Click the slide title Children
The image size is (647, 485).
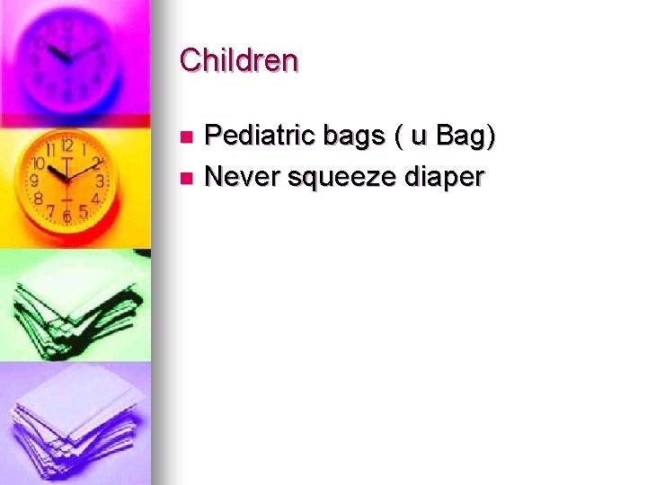tap(238, 60)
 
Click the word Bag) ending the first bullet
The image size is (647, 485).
tap(465, 137)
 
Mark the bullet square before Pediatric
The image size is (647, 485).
tap(186, 137)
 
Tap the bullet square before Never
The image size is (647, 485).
tap(186, 178)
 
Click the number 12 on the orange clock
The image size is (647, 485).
tap(66, 145)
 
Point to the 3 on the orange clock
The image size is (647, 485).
tap(100, 181)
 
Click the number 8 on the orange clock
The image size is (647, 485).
tap(40, 198)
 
